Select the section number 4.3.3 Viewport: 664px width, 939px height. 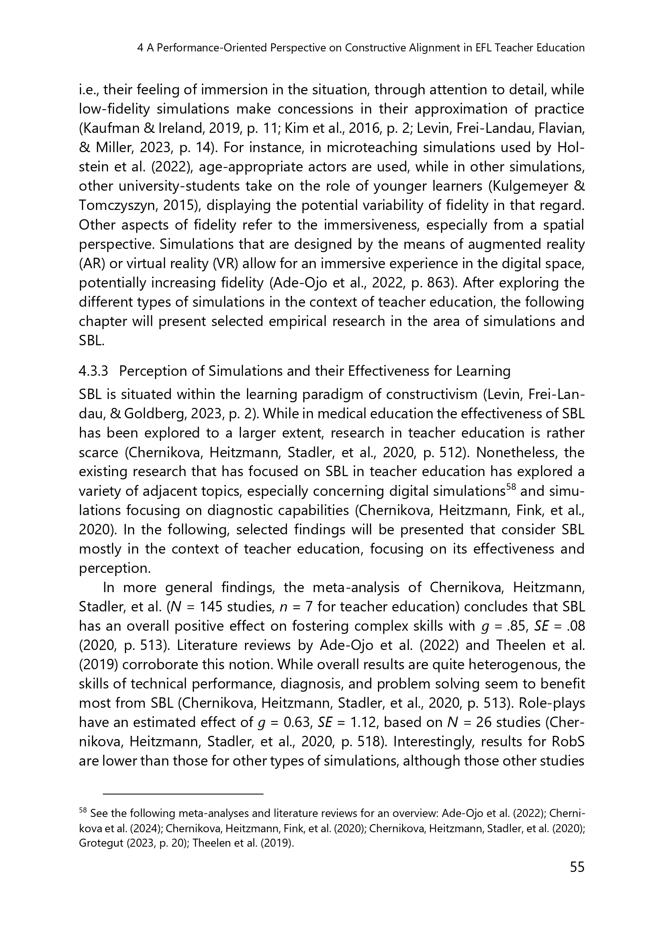click(93, 371)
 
